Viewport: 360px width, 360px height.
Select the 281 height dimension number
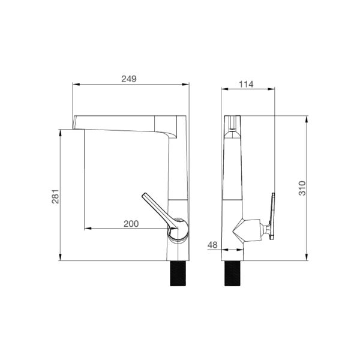tap(55, 196)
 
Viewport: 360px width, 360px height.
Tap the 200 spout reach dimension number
tap(131, 224)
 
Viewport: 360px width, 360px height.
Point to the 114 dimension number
tap(246, 84)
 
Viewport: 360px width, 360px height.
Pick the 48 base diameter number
tap(212, 244)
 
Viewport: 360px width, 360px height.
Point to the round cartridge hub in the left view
tap(177, 229)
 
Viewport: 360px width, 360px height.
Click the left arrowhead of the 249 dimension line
tap(75, 85)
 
